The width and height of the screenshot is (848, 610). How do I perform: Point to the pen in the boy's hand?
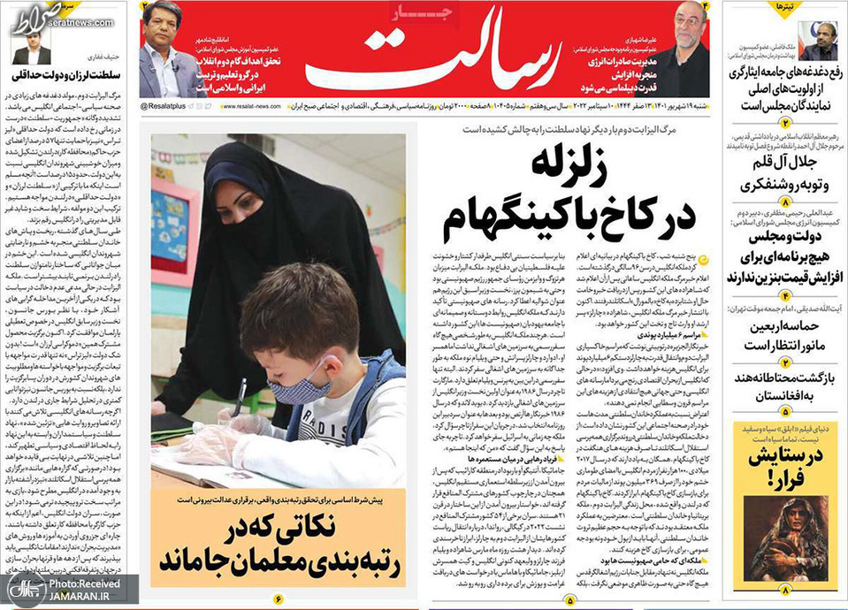[x=238, y=398]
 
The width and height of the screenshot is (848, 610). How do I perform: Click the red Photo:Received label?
[x=85, y=584]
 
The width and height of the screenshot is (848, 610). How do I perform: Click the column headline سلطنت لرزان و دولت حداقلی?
[x=67, y=75]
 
